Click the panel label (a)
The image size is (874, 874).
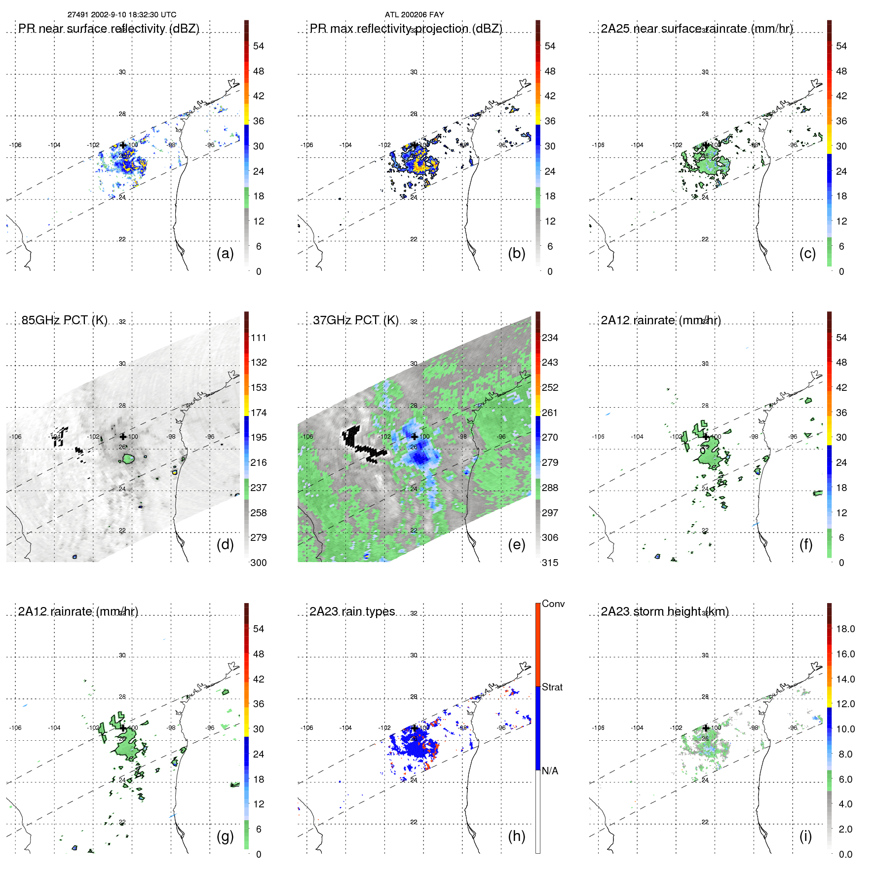pos(225,254)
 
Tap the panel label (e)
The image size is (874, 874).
pos(516,545)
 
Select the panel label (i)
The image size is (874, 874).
pos(805,836)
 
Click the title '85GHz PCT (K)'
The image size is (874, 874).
pos(65,320)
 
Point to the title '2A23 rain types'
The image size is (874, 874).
pos(352,611)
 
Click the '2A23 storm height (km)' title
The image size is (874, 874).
pos(665,611)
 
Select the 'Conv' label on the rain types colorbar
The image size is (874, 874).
pos(553,604)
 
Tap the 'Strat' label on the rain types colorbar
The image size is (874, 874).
pos(552,687)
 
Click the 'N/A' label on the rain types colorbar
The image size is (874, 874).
pos(550,771)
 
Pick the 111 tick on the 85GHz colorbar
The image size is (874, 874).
pos(259,338)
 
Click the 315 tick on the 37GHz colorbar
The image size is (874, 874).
pos(550,563)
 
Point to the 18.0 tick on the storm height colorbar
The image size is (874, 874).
pos(845,629)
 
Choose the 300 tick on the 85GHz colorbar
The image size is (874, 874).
pos(259,563)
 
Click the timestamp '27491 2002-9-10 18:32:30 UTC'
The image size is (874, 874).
pos(122,15)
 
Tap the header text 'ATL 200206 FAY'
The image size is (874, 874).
pos(415,15)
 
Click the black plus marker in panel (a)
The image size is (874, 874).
pos(123,145)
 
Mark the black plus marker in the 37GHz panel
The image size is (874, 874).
pos(415,436)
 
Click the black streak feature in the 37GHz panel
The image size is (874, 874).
pos(364,445)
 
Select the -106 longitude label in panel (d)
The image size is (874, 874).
pos(15,437)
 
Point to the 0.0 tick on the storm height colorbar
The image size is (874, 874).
pos(845,854)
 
